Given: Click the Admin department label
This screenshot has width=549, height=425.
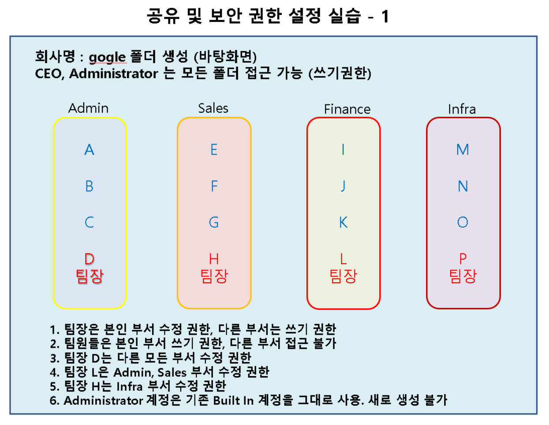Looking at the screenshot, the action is tap(88, 108).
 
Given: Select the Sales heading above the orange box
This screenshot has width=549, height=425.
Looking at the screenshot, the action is tap(213, 108).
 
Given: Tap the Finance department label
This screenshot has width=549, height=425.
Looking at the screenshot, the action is tap(347, 109).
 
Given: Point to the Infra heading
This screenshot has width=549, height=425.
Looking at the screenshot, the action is tap(462, 109).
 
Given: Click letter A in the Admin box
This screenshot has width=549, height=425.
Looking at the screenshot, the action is tap(89, 150).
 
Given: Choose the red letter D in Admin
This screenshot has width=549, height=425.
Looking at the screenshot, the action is tap(89, 259).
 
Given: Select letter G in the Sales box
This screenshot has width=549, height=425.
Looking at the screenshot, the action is tap(214, 222).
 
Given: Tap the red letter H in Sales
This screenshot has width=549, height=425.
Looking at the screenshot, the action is tap(214, 259).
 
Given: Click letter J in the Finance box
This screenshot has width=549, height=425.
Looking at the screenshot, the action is tap(343, 186).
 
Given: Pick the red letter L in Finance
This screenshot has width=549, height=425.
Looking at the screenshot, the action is tap(343, 259).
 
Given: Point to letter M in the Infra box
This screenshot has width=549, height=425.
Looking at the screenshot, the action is tap(463, 150).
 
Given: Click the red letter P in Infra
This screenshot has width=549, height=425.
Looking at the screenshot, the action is tap(463, 259).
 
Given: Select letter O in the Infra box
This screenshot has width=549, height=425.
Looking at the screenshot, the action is tap(463, 222).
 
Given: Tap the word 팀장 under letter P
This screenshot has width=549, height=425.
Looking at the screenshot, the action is tap(463, 276).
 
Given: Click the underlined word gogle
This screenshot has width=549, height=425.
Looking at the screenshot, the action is tap(107, 57).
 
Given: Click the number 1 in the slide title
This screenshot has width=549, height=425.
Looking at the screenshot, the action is tap(385, 17).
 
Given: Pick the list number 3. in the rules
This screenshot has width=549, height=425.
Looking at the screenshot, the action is tap(54, 358).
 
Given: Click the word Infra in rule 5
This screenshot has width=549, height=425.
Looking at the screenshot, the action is tap(129, 386).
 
